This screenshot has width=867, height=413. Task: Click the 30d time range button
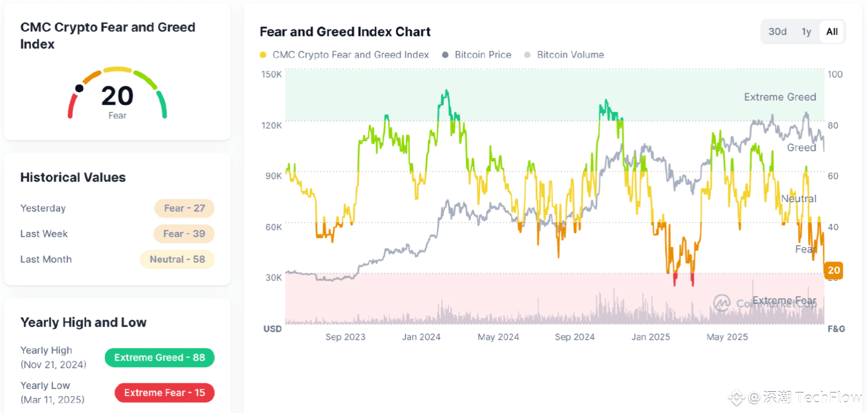click(x=777, y=31)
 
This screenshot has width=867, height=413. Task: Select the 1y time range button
click(x=806, y=31)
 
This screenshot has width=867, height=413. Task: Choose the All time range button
click(x=832, y=31)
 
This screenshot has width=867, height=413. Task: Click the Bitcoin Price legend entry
click(x=483, y=55)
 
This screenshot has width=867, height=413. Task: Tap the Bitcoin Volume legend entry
click(x=570, y=55)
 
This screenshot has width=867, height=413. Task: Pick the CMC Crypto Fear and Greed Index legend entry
click(x=350, y=55)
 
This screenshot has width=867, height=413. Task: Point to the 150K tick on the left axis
click(x=272, y=74)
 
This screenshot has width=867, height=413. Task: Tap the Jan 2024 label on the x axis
click(x=421, y=337)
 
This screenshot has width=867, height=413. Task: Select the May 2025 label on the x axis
click(x=727, y=337)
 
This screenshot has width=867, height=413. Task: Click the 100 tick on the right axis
click(x=835, y=74)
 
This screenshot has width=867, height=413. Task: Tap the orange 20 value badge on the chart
click(x=834, y=270)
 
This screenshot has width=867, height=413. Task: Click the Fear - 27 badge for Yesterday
click(x=184, y=208)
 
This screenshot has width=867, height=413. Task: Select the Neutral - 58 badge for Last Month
click(x=177, y=259)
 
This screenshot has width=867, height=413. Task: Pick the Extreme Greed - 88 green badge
click(x=159, y=357)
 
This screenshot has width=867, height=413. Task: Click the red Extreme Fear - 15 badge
click(x=164, y=392)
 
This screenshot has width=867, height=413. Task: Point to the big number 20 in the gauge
click(x=117, y=96)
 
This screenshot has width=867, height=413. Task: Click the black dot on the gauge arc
click(x=79, y=88)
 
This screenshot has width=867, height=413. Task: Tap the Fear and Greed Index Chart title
click(x=345, y=31)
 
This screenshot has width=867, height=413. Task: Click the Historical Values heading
click(x=73, y=177)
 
